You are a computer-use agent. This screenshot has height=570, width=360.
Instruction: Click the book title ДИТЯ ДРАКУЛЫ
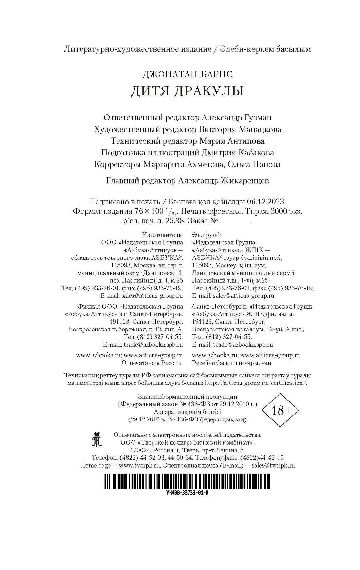pos(187,91)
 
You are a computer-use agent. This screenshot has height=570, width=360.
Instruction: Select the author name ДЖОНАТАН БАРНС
pos(187,74)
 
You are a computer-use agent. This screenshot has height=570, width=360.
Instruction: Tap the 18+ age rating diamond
pos(279,410)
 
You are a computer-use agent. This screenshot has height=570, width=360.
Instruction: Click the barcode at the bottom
pos(188,481)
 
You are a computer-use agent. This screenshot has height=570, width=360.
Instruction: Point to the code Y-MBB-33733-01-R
pos(188,493)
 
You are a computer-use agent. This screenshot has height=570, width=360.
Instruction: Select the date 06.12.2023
pos(268,201)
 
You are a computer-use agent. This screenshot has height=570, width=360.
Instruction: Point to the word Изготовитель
pos(162,235)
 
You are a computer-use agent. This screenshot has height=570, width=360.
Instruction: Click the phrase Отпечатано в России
pos(152,363)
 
